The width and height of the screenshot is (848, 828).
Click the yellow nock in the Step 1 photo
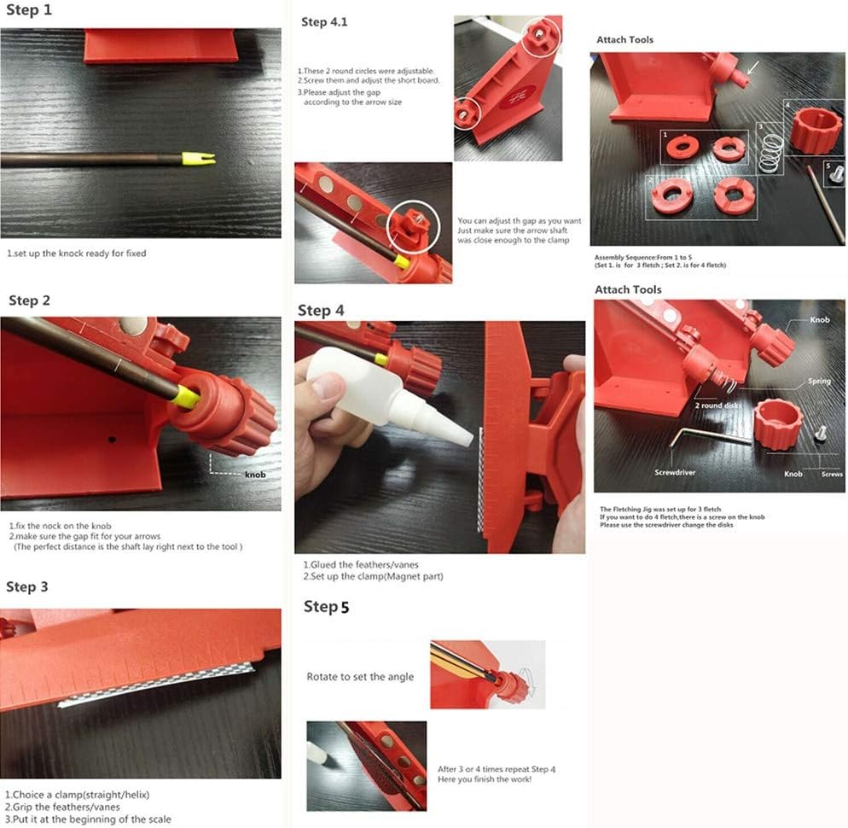point(198,158)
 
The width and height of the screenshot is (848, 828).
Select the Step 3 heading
point(27,586)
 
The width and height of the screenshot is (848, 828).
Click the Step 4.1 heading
point(325,22)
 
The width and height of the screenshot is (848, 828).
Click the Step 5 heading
point(327,607)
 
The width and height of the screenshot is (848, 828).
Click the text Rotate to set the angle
point(360,677)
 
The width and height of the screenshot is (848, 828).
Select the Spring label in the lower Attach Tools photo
point(819,382)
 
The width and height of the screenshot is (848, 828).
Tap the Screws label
point(832,474)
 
